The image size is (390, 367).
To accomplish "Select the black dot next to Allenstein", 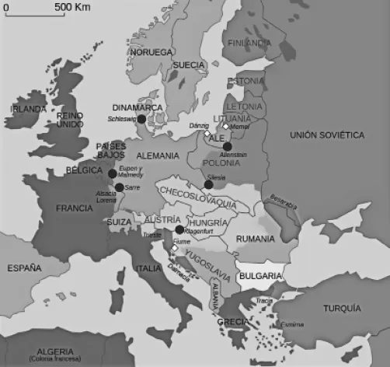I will point(227,146).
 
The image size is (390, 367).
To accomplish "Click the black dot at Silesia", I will point(208,184).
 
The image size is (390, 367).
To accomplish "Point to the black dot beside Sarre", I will point(118,187).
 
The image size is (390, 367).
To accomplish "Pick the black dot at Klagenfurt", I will point(179,230).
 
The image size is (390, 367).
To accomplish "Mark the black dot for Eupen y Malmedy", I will point(113,173).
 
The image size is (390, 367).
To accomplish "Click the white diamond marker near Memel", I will point(225,126).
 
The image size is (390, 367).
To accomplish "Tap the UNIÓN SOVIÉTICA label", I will point(326,135).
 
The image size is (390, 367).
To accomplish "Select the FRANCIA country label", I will point(74,208).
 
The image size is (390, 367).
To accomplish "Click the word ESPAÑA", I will point(24,268).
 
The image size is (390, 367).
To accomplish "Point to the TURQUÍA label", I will point(343,306).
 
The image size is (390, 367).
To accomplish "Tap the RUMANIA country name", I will point(256,238).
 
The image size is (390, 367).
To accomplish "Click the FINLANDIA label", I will point(249,42).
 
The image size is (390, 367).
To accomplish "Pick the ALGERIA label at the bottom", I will point(50,351).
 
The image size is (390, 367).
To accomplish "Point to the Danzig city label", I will point(200,124).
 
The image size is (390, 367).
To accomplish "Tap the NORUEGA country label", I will point(151,51).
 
